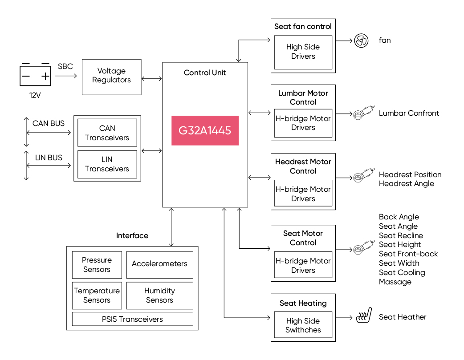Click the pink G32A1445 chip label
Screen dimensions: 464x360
(x=205, y=130)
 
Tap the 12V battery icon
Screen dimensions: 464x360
(x=35, y=75)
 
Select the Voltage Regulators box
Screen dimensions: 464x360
(x=112, y=77)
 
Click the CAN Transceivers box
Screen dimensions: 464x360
(x=107, y=133)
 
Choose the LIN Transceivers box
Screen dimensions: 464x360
(x=107, y=164)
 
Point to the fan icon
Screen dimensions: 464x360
(x=361, y=40)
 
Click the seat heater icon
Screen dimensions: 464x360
(x=364, y=316)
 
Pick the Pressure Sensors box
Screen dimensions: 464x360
(x=97, y=265)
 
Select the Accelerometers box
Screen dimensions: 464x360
(x=159, y=265)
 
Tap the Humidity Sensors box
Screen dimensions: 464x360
(x=159, y=295)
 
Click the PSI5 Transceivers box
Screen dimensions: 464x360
(x=132, y=319)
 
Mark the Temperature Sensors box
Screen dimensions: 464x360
(x=97, y=295)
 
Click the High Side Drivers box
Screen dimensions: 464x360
(x=303, y=53)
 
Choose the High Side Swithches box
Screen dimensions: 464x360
(x=303, y=325)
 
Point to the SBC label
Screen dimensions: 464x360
(x=65, y=67)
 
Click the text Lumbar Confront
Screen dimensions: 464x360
(x=409, y=113)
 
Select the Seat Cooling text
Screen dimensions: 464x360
(x=402, y=273)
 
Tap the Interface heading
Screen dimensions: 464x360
(x=132, y=236)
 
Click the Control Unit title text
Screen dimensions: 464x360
(x=205, y=73)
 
